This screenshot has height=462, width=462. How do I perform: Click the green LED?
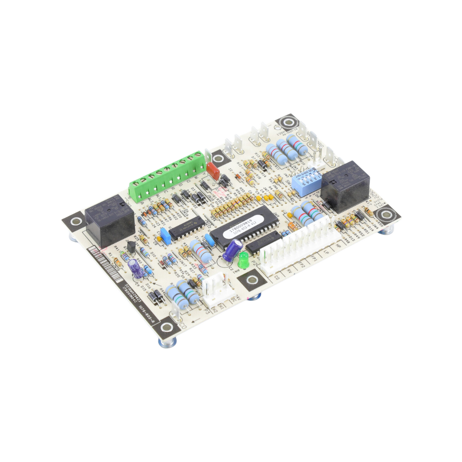pyautogui.click(x=242, y=262)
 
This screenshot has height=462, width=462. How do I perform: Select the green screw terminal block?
pyautogui.click(x=166, y=176)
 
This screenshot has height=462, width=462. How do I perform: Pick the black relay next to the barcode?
pyautogui.click(x=110, y=221)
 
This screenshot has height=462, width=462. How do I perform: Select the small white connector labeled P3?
pyautogui.click(x=216, y=291)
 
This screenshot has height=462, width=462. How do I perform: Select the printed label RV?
pyautogui.click(x=289, y=271)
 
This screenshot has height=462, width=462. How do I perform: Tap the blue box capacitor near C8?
pyautogui.click(x=165, y=236)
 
